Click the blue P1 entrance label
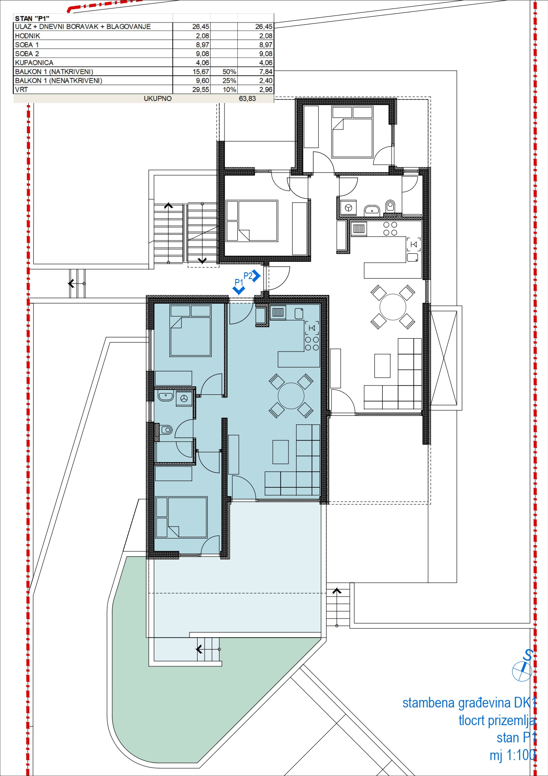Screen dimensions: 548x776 point(239,282)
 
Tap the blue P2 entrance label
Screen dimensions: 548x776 point(248,276)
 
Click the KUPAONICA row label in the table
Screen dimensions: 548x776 point(34,63)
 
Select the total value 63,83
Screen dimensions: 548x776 point(247,99)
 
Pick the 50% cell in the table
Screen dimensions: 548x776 point(229,72)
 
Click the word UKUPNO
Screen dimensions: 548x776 point(158,99)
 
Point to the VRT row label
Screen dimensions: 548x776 point(21,90)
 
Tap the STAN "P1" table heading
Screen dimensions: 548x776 point(32,19)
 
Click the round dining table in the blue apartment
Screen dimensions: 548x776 point(291,396)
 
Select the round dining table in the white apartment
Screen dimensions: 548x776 point(393,307)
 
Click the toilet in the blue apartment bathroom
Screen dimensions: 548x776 point(166,429)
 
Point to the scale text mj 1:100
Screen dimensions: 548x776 point(512,755)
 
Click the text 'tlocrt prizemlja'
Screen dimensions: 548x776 point(497,721)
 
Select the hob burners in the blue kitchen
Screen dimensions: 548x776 point(312,344)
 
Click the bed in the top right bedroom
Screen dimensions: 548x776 point(352,132)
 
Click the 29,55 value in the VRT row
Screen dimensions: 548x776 point(201,90)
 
